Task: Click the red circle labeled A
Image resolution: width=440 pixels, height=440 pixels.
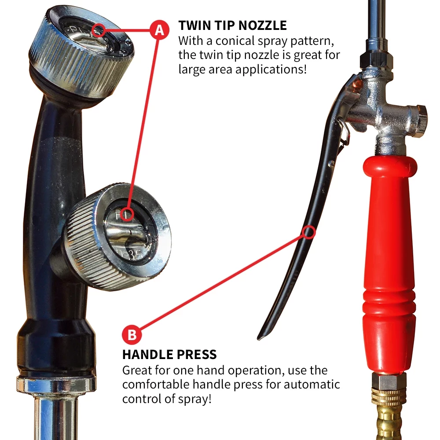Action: (159, 30)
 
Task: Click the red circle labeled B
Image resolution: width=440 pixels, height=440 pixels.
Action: (132, 334)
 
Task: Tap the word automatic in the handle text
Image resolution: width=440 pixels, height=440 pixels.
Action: (312, 385)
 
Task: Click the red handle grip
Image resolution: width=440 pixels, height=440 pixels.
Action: (389, 264)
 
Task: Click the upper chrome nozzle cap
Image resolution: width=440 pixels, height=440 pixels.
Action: (81, 52)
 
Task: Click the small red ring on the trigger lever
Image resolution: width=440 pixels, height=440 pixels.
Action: (309, 232)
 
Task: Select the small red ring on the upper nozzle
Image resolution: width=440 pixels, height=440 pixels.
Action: (98, 30)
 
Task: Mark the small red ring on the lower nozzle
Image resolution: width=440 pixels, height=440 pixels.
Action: (127, 214)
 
